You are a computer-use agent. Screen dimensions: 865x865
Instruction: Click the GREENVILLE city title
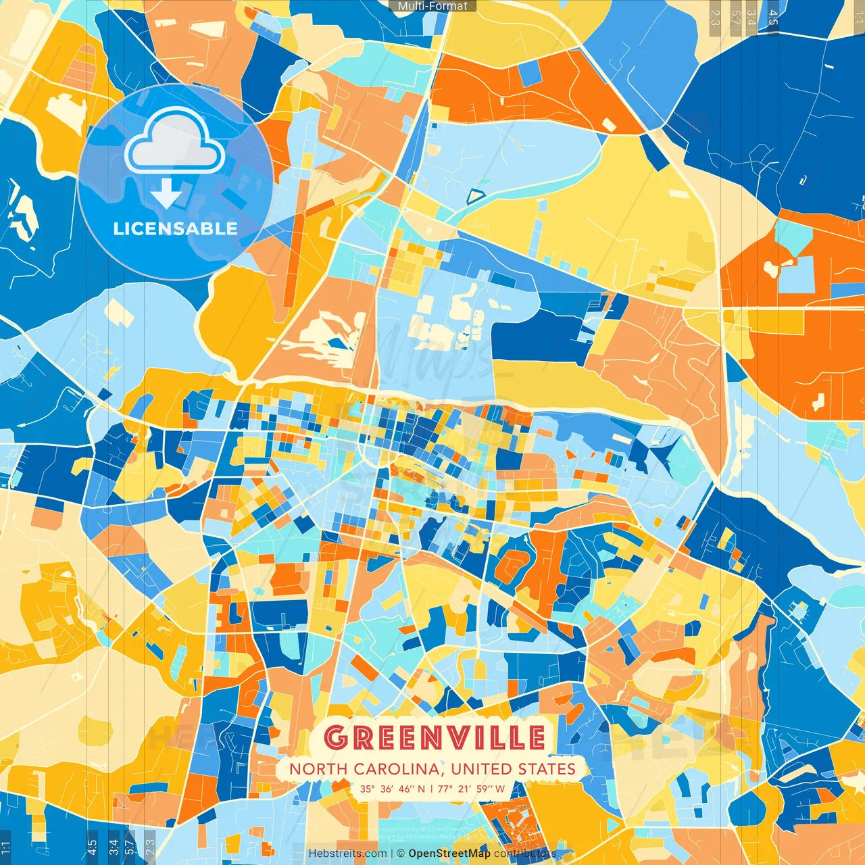pyautogui.click(x=434, y=737)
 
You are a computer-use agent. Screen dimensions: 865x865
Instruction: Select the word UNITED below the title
pyautogui.click(x=482, y=769)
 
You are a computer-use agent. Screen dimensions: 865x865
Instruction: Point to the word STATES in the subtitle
pyautogui.click(x=546, y=769)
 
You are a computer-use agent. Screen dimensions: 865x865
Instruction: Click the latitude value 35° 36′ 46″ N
pyautogui.click(x=393, y=789)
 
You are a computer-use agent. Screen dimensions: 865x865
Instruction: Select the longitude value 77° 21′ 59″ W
pyautogui.click(x=471, y=789)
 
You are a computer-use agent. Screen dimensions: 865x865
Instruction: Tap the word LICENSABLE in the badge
pyautogui.click(x=176, y=228)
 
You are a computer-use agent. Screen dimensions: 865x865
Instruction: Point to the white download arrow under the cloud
pyautogui.click(x=166, y=193)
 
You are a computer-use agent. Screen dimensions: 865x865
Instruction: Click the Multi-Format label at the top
pyautogui.click(x=432, y=6)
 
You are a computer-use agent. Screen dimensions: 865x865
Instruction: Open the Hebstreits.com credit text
pyautogui.click(x=347, y=854)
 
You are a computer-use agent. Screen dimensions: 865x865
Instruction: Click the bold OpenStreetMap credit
pyautogui.click(x=449, y=854)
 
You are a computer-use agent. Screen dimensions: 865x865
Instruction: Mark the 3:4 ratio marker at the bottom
pyautogui.click(x=113, y=847)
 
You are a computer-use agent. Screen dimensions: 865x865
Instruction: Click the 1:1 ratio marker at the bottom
pyautogui.click(x=5, y=847)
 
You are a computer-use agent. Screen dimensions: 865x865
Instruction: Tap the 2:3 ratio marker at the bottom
pyautogui.click(x=150, y=847)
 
